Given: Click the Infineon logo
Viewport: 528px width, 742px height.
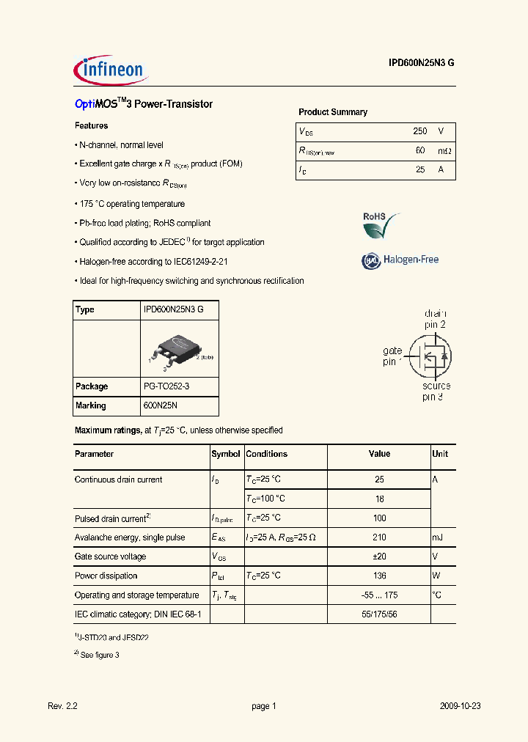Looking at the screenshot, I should [111, 70].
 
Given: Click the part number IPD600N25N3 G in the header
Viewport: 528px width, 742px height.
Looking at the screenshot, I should [421, 63].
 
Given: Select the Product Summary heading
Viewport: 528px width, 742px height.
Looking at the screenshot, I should [332, 112].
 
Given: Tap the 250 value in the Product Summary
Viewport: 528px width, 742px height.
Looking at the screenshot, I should [419, 131].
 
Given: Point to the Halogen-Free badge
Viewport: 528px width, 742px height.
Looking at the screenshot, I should [400, 260].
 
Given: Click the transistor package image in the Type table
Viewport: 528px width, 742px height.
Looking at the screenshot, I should [177, 348].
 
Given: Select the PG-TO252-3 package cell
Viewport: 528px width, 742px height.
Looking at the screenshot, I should [170, 386].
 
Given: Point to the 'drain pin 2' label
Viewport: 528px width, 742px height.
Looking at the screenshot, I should [435, 319].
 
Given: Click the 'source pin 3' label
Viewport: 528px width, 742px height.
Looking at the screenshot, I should [436, 392].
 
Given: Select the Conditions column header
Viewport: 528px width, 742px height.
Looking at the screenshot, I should [266, 454].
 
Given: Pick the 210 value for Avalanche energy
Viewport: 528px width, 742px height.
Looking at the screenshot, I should [379, 537].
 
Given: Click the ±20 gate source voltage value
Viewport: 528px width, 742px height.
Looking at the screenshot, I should [379, 556].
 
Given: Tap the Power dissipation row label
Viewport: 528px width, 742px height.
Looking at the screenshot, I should [106, 576].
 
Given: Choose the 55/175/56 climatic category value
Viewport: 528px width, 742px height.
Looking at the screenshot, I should [379, 614].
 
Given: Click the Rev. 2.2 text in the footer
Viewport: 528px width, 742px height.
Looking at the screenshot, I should [62, 706].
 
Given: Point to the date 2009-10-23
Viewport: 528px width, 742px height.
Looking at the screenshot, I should [460, 706].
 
